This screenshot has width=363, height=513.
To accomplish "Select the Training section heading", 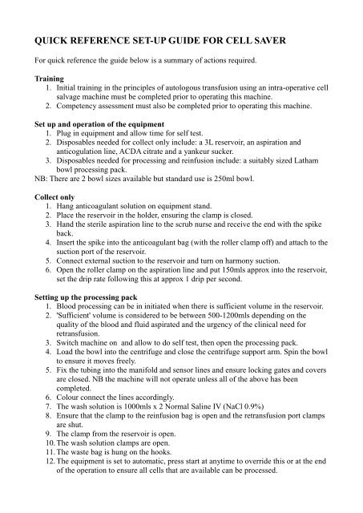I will pyautogui.click(x=42, y=79).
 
